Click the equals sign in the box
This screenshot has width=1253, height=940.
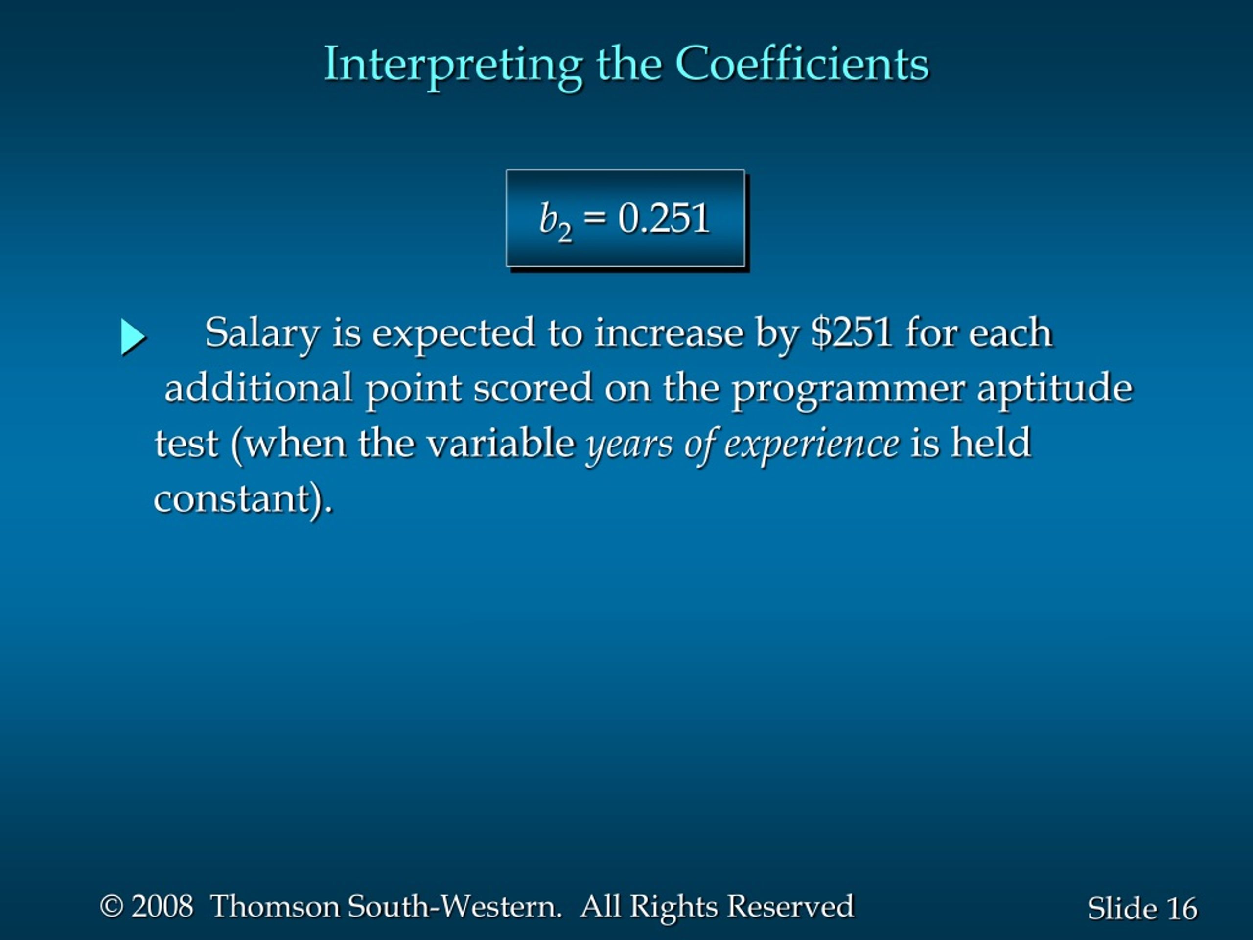click(x=594, y=218)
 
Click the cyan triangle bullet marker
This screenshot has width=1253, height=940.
click(x=134, y=338)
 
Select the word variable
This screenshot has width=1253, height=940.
click(x=501, y=442)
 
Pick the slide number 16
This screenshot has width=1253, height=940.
click(x=1182, y=909)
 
